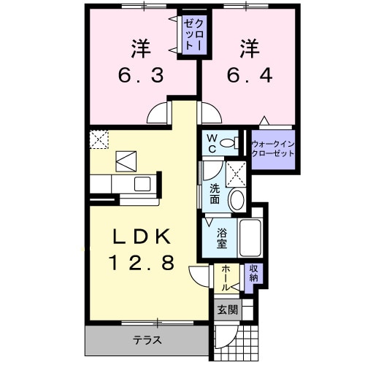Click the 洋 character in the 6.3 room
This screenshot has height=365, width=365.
tap(141, 49)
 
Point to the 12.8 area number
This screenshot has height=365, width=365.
tap(142, 263)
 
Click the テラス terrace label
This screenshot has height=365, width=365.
tap(146, 340)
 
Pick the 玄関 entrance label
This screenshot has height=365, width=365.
tap(227, 310)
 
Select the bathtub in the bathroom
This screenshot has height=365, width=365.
tap(251, 236)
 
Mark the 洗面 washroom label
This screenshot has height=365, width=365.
tap(215, 193)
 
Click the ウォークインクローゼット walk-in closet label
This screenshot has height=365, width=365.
tap(272, 149)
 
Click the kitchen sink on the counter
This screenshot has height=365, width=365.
tap(142, 183)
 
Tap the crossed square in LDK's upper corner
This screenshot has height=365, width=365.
tap(99, 139)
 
